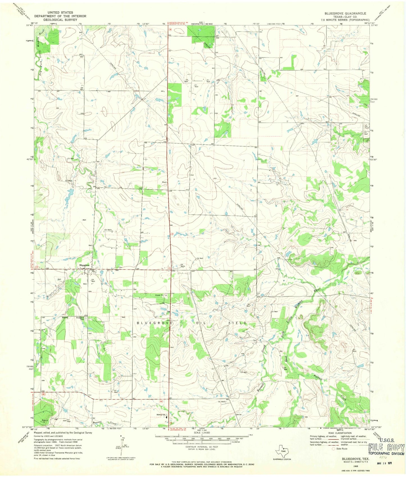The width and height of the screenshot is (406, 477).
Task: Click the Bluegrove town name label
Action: [84, 265]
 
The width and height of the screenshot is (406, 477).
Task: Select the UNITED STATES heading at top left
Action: [60, 12]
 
